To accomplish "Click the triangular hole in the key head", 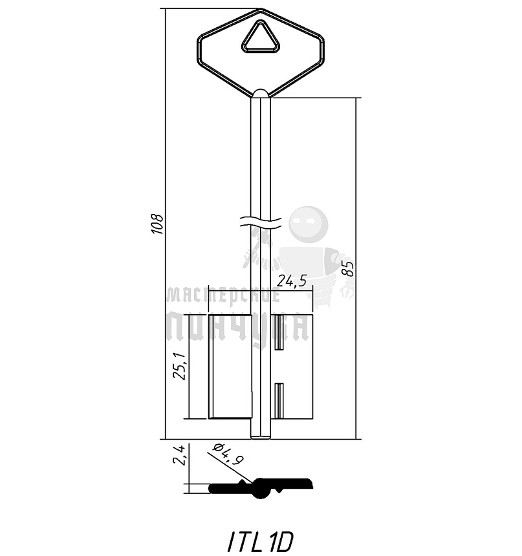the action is (x=261, y=38).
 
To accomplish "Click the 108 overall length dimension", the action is (x=157, y=224).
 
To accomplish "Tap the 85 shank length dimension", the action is (x=348, y=268).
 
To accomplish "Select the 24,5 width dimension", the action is (x=291, y=281).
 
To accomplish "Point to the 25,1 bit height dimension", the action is (x=180, y=367).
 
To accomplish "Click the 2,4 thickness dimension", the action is (x=179, y=455).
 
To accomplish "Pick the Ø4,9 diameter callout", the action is (x=228, y=454).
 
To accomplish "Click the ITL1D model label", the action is (x=261, y=542).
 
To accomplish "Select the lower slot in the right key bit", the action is (x=279, y=401).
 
